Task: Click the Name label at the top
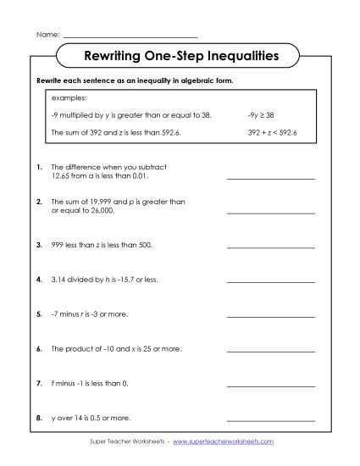point(47,35)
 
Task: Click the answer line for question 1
point(270,179)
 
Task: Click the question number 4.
point(40,278)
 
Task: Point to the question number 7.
point(40,383)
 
